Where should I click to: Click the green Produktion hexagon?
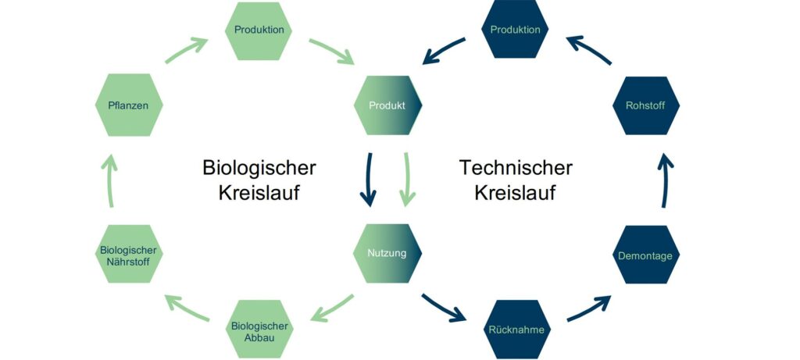259,30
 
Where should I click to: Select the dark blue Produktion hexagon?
515,29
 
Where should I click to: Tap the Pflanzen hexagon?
129,105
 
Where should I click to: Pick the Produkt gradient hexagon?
387,105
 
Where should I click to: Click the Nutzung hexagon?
387,254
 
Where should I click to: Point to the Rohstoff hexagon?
646,105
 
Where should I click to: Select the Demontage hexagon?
646,255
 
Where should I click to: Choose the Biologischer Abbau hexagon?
259,330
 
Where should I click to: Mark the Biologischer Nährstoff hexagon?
129,254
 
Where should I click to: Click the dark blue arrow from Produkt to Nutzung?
369,180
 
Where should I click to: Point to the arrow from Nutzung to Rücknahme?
443,308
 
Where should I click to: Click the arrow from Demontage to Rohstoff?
665,181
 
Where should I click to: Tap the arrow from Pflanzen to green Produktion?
186,50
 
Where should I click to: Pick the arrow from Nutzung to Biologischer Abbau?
331,308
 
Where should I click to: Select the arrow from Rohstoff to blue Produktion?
588,50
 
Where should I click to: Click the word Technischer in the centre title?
516,168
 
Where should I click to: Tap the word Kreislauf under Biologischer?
259,194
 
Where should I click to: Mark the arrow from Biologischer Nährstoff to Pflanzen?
109,181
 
